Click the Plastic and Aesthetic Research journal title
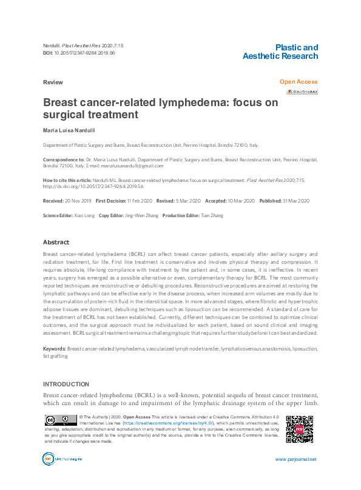[x=280, y=52]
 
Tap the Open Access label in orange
[x=298, y=81]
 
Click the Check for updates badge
[x=302, y=92]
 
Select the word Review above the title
[x=52, y=81]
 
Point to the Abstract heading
[x=56, y=242]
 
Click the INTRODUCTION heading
[x=66, y=384]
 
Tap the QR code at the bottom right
[x=299, y=429]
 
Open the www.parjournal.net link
[x=295, y=459]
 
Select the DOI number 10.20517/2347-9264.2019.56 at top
[x=84, y=54]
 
